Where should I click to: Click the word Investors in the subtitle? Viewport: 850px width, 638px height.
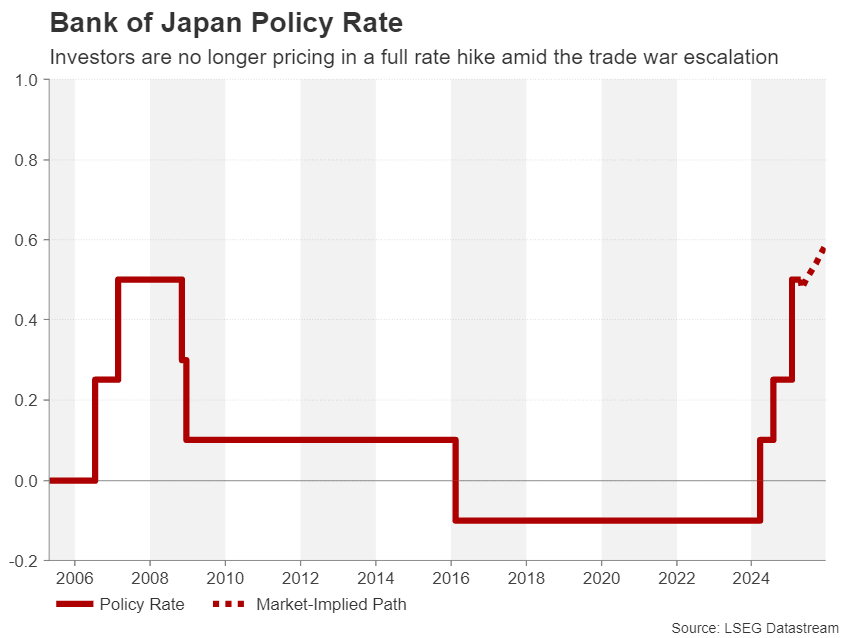[x=93, y=57]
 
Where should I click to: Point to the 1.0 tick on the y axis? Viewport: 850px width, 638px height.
[x=26, y=80]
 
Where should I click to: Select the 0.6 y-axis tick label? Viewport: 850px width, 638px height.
[x=26, y=240]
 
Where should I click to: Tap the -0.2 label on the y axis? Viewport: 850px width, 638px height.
[x=24, y=561]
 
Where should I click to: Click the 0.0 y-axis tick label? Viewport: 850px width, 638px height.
[x=26, y=481]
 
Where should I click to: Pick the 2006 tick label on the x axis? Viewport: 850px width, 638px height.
[x=74, y=579]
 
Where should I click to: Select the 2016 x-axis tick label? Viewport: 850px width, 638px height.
[x=451, y=579]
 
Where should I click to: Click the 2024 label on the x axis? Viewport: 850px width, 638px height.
[x=752, y=579]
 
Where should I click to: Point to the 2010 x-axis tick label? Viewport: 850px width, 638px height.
[x=225, y=579]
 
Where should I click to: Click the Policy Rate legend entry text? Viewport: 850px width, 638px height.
[x=142, y=604]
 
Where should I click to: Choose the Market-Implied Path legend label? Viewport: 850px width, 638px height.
[x=331, y=604]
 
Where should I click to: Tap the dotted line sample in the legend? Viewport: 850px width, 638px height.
[x=229, y=604]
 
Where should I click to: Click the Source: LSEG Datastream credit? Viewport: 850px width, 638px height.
[x=754, y=627]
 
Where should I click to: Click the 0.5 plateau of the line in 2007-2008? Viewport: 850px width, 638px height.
[x=150, y=280]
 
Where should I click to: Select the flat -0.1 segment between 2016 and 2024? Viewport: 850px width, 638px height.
[x=600, y=520]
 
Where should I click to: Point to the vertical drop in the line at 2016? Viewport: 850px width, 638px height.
[x=456, y=480]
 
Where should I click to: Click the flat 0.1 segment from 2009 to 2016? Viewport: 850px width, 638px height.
[x=320, y=440]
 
